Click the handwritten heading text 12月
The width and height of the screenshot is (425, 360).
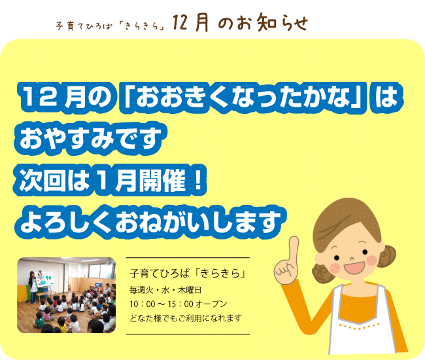pos(190,22)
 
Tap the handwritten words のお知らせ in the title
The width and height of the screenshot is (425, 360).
pos(263,22)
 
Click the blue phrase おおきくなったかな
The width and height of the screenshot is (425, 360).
pos(243,97)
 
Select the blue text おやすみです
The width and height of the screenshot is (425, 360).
pos(90,139)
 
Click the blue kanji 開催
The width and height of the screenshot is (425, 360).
pos(162,180)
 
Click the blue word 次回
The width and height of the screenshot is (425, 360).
pos(42,180)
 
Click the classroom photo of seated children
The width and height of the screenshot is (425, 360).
pos(67,295)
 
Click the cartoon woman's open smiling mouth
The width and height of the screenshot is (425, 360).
pos(355,267)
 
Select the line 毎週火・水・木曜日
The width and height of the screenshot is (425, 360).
pos(165,290)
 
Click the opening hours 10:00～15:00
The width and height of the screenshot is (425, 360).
pos(161,304)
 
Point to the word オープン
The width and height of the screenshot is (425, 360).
pos(211,304)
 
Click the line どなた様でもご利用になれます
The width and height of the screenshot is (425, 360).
pos(186,317)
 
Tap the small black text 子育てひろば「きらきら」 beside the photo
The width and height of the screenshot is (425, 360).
pos(188,273)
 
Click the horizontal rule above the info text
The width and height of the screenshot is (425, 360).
pos(188,257)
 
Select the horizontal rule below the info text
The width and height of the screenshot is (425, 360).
pos(188,334)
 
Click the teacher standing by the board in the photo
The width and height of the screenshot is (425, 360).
pos(33,286)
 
